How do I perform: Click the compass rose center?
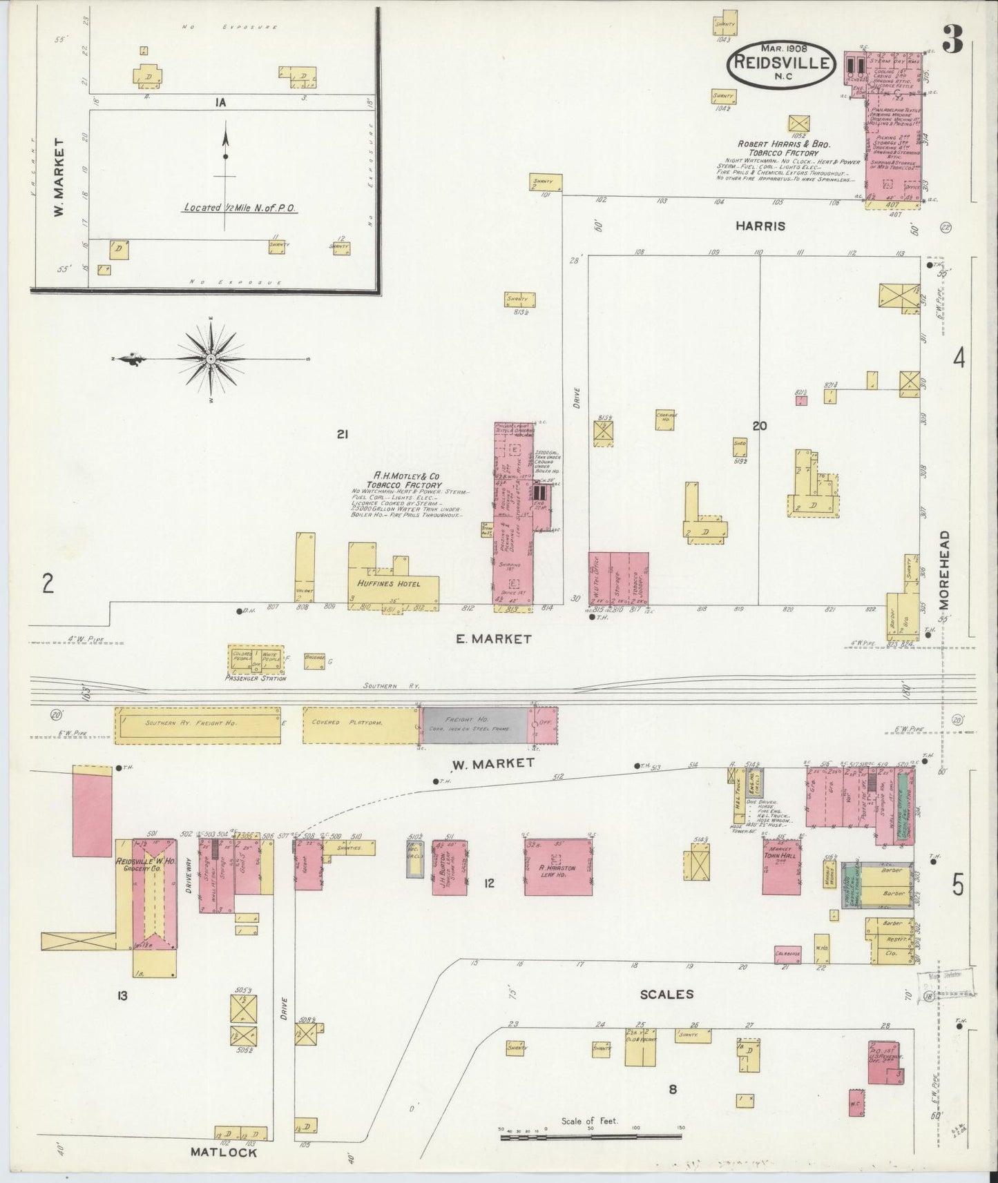(x=211, y=359)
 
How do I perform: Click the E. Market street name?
(x=493, y=639)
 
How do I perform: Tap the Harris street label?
(x=760, y=226)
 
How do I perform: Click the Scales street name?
(x=666, y=995)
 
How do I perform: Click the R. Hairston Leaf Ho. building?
(x=558, y=867)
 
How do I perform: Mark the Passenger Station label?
(x=256, y=678)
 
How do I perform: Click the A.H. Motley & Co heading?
(x=416, y=480)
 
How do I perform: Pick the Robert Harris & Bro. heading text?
(x=784, y=148)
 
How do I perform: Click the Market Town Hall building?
(x=781, y=867)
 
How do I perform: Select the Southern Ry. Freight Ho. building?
(x=198, y=725)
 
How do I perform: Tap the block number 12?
(x=489, y=882)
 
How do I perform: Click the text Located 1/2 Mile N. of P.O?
(x=240, y=207)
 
